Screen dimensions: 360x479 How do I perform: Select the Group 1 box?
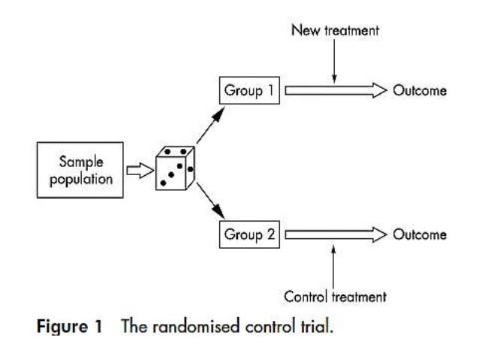249,92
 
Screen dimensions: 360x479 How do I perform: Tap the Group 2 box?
249,234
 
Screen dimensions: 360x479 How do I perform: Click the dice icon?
175,168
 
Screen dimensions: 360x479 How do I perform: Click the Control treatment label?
335,296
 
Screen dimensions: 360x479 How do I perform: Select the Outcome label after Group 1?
420,92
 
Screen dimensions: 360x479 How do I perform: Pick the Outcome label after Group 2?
420,234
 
